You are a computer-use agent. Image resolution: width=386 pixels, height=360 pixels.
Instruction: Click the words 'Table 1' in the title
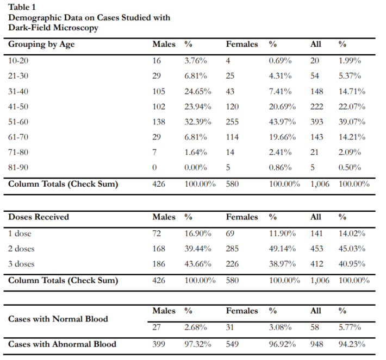[22, 7]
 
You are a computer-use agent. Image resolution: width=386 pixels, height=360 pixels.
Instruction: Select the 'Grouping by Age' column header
[41, 45]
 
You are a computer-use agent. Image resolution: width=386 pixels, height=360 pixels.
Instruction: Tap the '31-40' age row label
[18, 91]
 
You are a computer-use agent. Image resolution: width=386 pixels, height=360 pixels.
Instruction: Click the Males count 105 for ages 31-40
[159, 91]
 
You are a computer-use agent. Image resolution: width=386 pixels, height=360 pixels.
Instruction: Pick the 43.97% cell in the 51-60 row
[282, 122]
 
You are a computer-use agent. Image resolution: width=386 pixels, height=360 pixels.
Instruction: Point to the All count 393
[316, 122]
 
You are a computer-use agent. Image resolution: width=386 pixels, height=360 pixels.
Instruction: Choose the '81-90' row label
[18, 168]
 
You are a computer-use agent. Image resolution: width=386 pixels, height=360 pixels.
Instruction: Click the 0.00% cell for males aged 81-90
[196, 168]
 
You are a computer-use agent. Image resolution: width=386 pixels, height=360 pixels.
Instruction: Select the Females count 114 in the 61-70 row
[232, 137]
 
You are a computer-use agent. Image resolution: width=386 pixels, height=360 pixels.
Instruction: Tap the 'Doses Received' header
[39, 217]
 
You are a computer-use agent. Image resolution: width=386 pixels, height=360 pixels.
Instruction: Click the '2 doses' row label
[21, 249]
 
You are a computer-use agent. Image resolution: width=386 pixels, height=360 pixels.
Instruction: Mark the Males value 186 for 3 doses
[159, 264]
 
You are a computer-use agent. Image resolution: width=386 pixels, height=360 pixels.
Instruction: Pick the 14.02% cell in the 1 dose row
[352, 233]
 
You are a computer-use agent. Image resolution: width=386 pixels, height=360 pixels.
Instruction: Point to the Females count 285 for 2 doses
[232, 249]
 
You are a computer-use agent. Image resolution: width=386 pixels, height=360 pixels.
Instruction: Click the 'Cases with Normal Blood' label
[58, 319]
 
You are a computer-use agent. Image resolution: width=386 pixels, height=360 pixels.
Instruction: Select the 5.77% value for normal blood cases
[350, 327]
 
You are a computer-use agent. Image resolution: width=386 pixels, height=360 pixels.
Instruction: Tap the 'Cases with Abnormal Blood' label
[63, 344]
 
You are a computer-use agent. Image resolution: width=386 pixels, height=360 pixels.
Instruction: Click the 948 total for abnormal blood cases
[316, 344]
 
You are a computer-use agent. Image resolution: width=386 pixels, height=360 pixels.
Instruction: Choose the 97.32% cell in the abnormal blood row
[198, 344]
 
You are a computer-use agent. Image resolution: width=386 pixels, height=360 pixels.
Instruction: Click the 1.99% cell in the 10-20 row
[350, 61]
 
